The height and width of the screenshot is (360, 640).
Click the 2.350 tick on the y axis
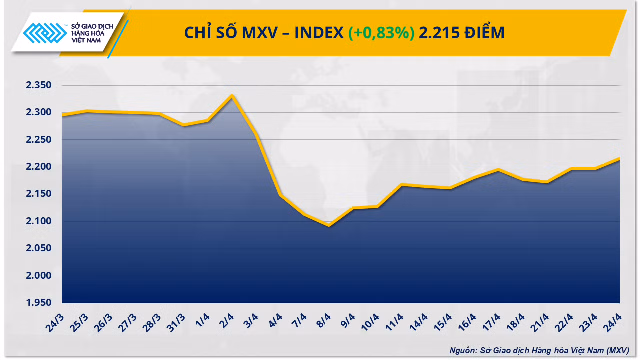tap(39, 85)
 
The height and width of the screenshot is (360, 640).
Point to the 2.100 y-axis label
tap(39, 221)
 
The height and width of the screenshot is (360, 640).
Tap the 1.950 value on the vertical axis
tap(39, 302)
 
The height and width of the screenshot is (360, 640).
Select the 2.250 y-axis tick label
tap(39, 139)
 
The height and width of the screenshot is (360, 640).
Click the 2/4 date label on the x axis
tap(227, 321)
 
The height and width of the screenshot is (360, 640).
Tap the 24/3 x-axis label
tap(55, 323)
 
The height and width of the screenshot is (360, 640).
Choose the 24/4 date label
tap(612, 323)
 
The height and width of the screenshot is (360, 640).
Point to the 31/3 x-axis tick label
tap(176, 323)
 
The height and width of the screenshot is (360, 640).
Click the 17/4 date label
tap(491, 323)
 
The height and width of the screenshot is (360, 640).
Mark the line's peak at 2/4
tap(232, 95)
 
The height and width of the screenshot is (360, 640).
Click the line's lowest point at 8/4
tap(329, 225)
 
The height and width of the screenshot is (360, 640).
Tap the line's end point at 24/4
tap(619, 159)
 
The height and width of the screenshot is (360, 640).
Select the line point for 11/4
tap(401, 185)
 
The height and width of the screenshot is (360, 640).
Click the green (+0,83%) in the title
tap(381, 33)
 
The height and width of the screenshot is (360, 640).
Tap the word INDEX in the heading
tap(319, 33)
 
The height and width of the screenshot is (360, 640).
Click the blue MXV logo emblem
tap(45, 33)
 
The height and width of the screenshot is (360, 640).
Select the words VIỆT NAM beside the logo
tap(86, 40)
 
